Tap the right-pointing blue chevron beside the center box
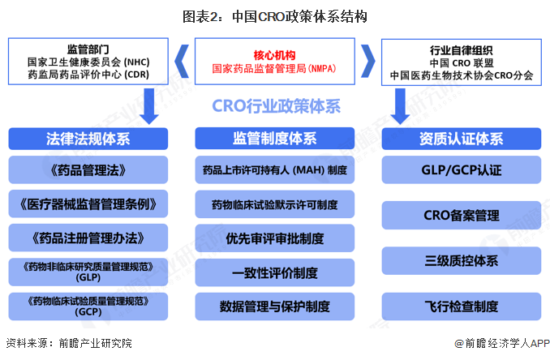pyautogui.click(x=367, y=61)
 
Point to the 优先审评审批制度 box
pyautogui.click(x=274, y=238)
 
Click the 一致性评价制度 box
pyautogui.click(x=274, y=272)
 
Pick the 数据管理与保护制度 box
pyautogui.click(x=274, y=306)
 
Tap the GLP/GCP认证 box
pyautogui.click(x=462, y=171)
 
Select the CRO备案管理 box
pyautogui.click(x=462, y=216)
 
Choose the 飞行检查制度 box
pyautogui.click(x=462, y=306)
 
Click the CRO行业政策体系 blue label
pyautogui.click(x=276, y=106)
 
